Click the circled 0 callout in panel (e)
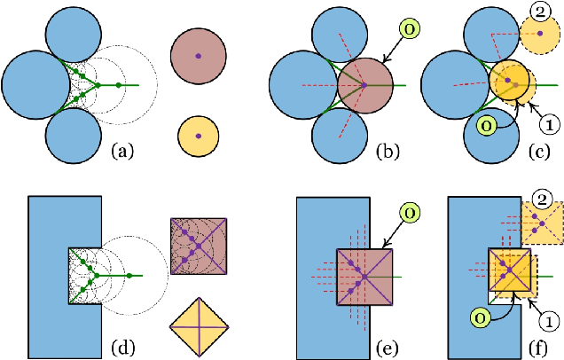[411, 214]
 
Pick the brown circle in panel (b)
[364, 85]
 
